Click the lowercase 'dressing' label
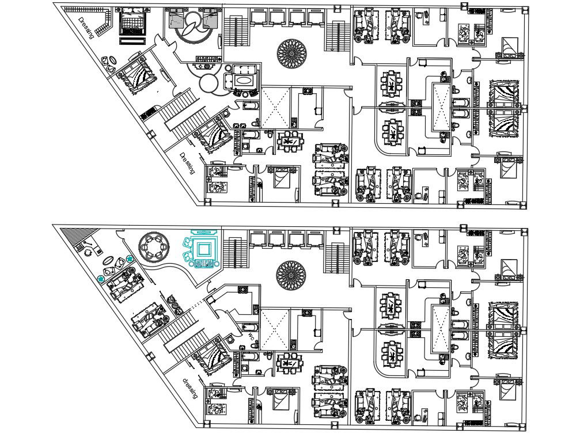coord(190,389)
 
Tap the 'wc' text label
coord(251,336)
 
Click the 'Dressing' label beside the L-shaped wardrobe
coord(88,26)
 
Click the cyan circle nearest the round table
coord(130,259)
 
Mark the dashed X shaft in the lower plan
coord(274,328)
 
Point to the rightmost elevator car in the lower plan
coord(316,238)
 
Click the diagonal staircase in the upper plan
coord(181,112)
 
